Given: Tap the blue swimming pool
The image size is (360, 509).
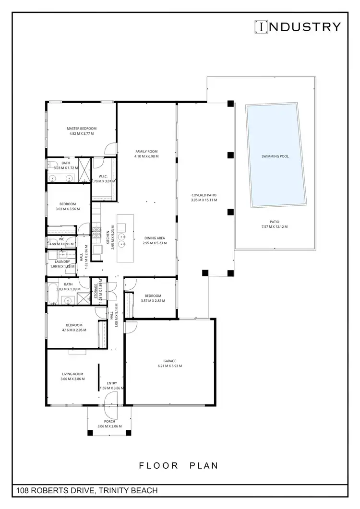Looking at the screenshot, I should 275,156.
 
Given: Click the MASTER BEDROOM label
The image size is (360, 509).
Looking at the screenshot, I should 82,129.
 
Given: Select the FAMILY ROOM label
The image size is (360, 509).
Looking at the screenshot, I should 147,151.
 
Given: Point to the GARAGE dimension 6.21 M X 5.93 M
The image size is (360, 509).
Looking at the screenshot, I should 170,366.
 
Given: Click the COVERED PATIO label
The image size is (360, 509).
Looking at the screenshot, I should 204,195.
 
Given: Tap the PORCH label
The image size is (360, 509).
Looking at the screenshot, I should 109,421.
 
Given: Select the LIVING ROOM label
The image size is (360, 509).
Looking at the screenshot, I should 72,374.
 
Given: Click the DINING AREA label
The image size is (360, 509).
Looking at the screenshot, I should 154,238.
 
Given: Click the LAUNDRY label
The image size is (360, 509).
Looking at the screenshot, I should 62,261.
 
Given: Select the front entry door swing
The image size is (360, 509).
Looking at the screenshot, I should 111,398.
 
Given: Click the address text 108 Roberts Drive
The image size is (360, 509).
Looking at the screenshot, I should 87,491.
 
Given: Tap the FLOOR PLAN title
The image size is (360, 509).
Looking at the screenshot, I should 179,465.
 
